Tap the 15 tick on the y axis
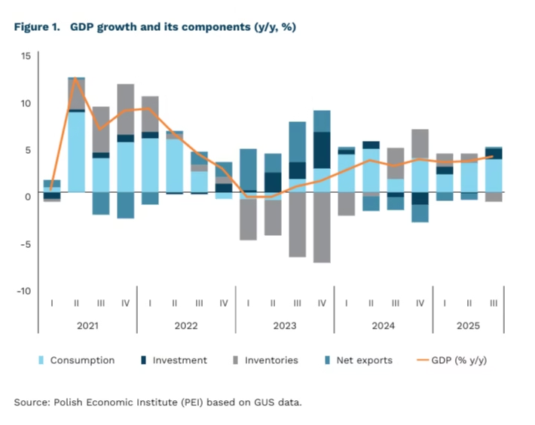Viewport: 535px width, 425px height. pyautogui.click(x=26, y=56)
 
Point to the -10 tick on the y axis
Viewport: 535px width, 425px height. pyautogui.click(x=23, y=291)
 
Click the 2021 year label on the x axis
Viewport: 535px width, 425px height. pyautogui.click(x=88, y=327)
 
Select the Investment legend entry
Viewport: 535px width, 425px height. pyautogui.click(x=179, y=360)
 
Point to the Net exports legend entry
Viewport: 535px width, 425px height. pyautogui.click(x=364, y=360)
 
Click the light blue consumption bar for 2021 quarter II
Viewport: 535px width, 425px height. pyautogui.click(x=76, y=151)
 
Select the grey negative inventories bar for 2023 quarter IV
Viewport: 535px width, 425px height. pyautogui.click(x=322, y=227)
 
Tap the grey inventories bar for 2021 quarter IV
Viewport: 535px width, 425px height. pyautogui.click(x=125, y=109)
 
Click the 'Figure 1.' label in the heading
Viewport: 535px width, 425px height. pyautogui.click(x=36, y=26)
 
